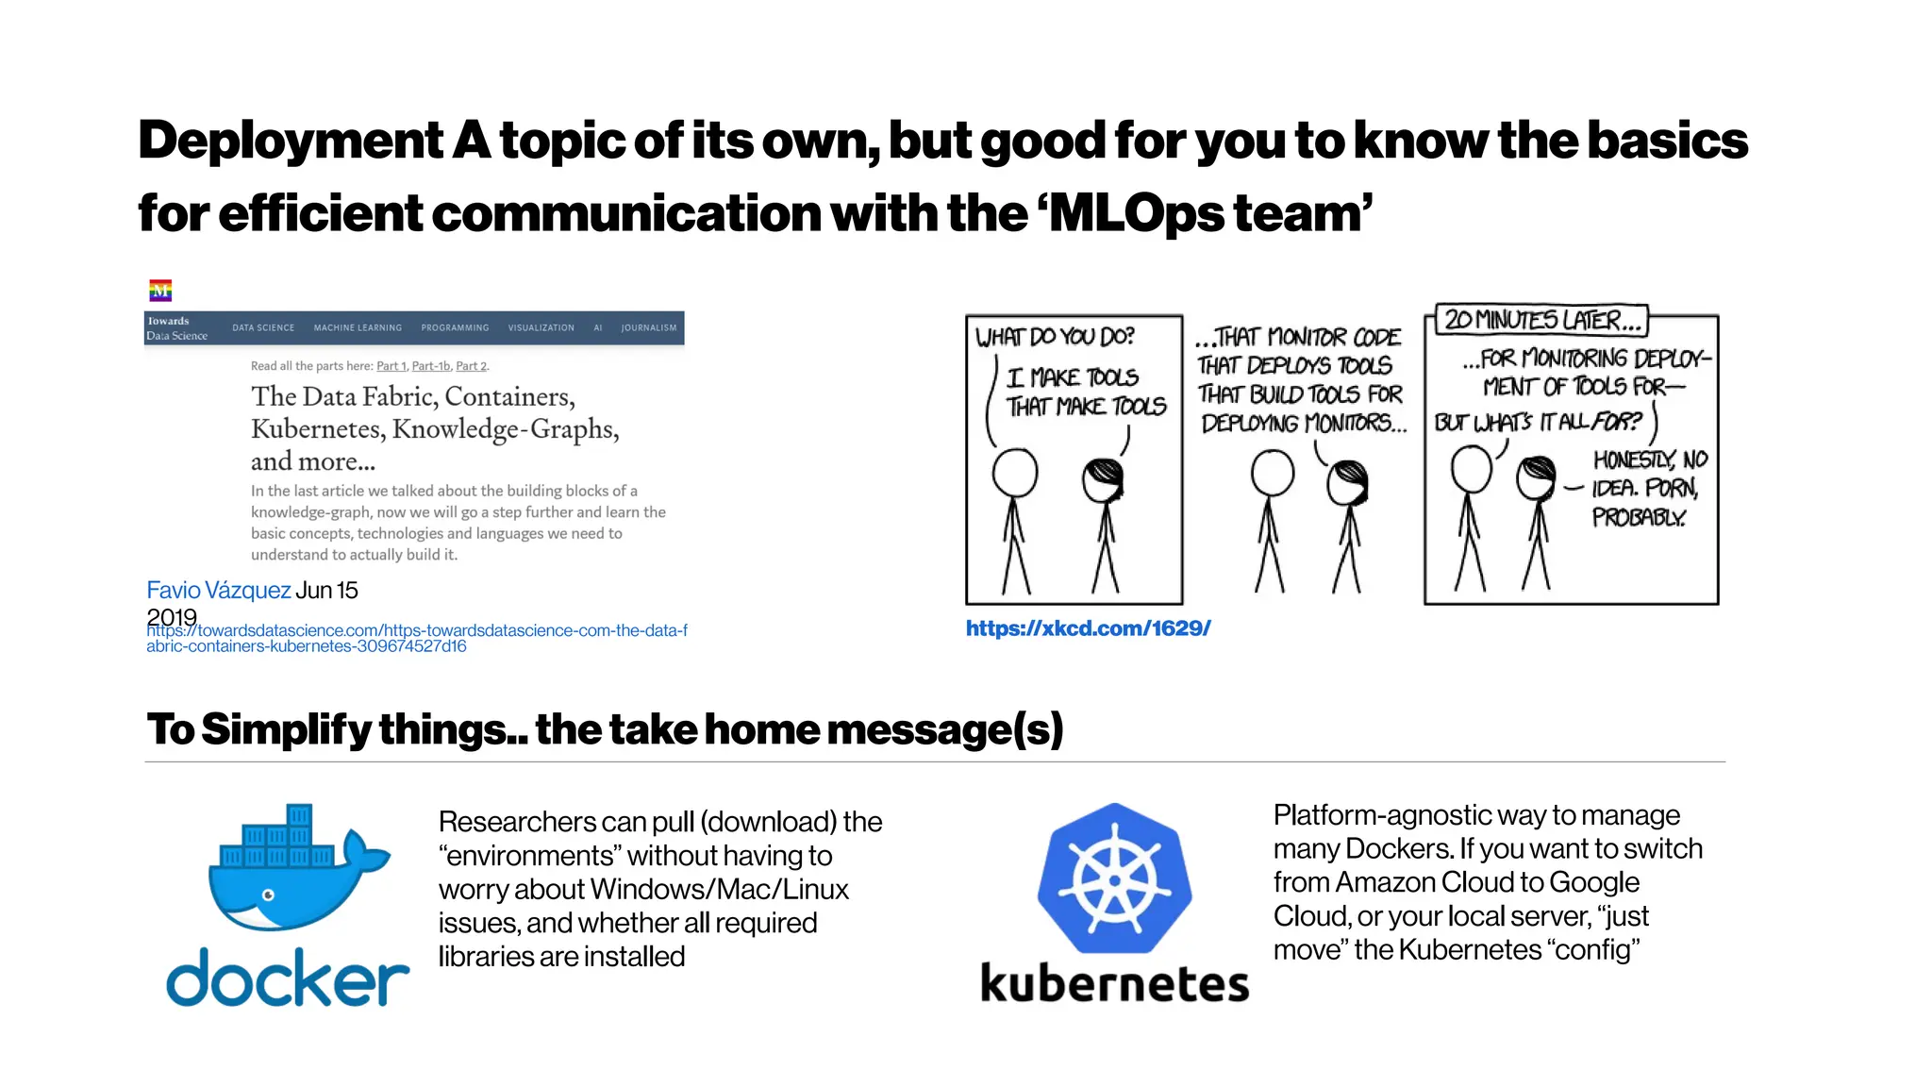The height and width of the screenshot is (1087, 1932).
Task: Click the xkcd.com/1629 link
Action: click(x=1088, y=628)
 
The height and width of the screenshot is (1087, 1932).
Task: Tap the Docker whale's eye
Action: click(x=269, y=895)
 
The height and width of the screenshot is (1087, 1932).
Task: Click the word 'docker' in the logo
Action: click(x=288, y=978)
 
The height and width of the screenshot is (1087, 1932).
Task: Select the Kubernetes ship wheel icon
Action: click(x=1114, y=879)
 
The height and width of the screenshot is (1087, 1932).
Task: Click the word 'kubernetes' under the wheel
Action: click(x=1114, y=983)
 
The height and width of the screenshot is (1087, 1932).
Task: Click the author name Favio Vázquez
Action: click(x=218, y=591)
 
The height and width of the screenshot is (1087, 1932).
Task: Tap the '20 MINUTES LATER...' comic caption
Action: click(x=1541, y=321)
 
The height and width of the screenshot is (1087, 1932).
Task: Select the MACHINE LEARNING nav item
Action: click(x=358, y=328)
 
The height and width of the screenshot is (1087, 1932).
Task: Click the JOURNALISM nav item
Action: click(x=648, y=328)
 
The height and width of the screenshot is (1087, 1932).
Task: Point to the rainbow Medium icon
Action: click(x=160, y=291)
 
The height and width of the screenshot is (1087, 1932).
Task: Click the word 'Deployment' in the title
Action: click(x=291, y=141)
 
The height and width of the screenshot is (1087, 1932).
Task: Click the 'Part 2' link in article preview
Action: click(x=472, y=366)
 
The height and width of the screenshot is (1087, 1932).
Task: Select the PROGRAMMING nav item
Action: click(x=455, y=328)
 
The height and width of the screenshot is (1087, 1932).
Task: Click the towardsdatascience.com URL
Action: click(x=416, y=638)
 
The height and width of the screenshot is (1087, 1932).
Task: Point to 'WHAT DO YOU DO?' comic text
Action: click(x=1055, y=337)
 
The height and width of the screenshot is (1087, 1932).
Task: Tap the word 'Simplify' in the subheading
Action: click(x=286, y=729)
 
